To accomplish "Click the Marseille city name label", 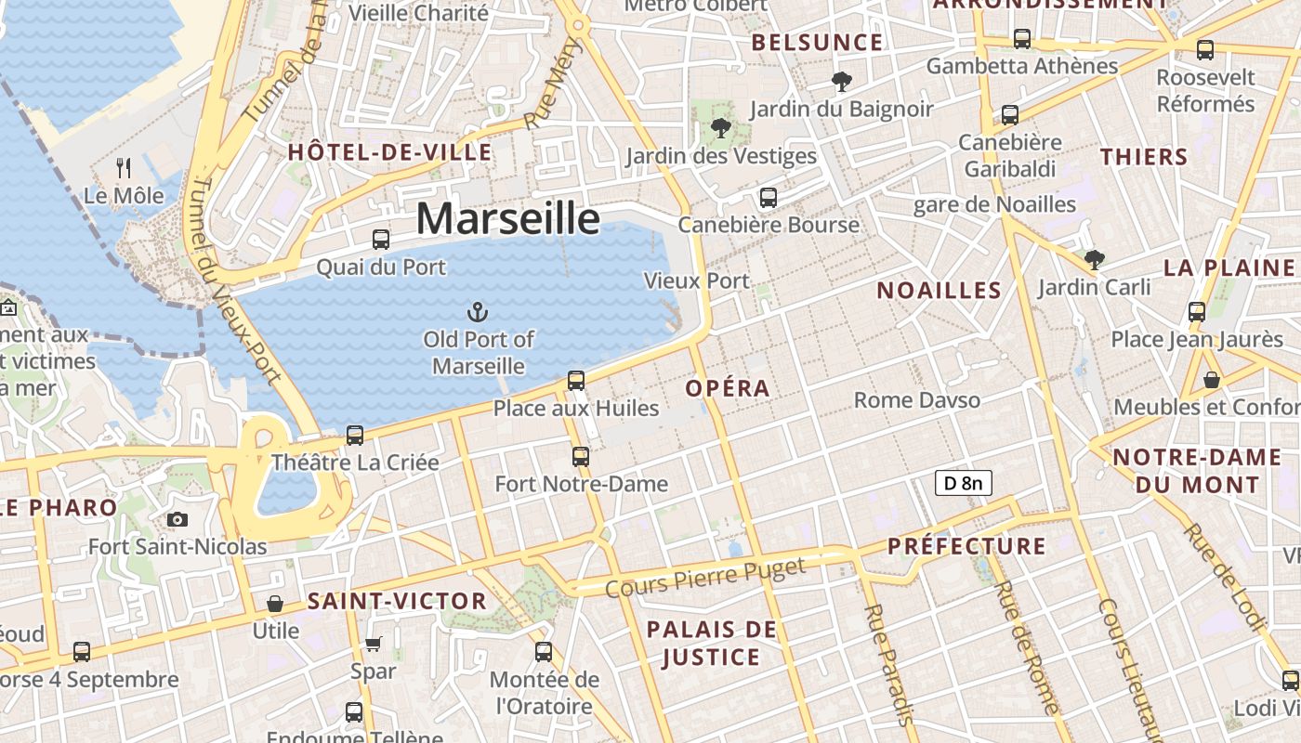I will (507, 218).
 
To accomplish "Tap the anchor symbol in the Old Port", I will (478, 311).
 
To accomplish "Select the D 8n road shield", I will (963, 483).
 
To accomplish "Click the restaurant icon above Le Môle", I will (124, 167).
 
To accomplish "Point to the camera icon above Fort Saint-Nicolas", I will (177, 519).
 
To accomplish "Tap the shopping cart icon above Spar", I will (373, 644).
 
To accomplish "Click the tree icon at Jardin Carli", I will (1095, 260).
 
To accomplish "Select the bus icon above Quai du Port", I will (381, 240).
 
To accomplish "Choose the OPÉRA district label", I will (728, 388).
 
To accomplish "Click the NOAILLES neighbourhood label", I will (940, 291).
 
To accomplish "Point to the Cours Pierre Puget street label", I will (705, 578).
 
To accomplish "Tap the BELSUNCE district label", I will (817, 43).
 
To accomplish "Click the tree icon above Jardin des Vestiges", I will (720, 128).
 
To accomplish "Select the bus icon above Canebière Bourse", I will (768, 197).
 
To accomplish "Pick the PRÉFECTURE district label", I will (966, 546).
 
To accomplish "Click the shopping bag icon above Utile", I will (275, 604).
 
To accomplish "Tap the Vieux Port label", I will (696, 280).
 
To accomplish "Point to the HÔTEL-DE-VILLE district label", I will (389, 152).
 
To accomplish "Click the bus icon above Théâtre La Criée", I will (354, 435).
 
